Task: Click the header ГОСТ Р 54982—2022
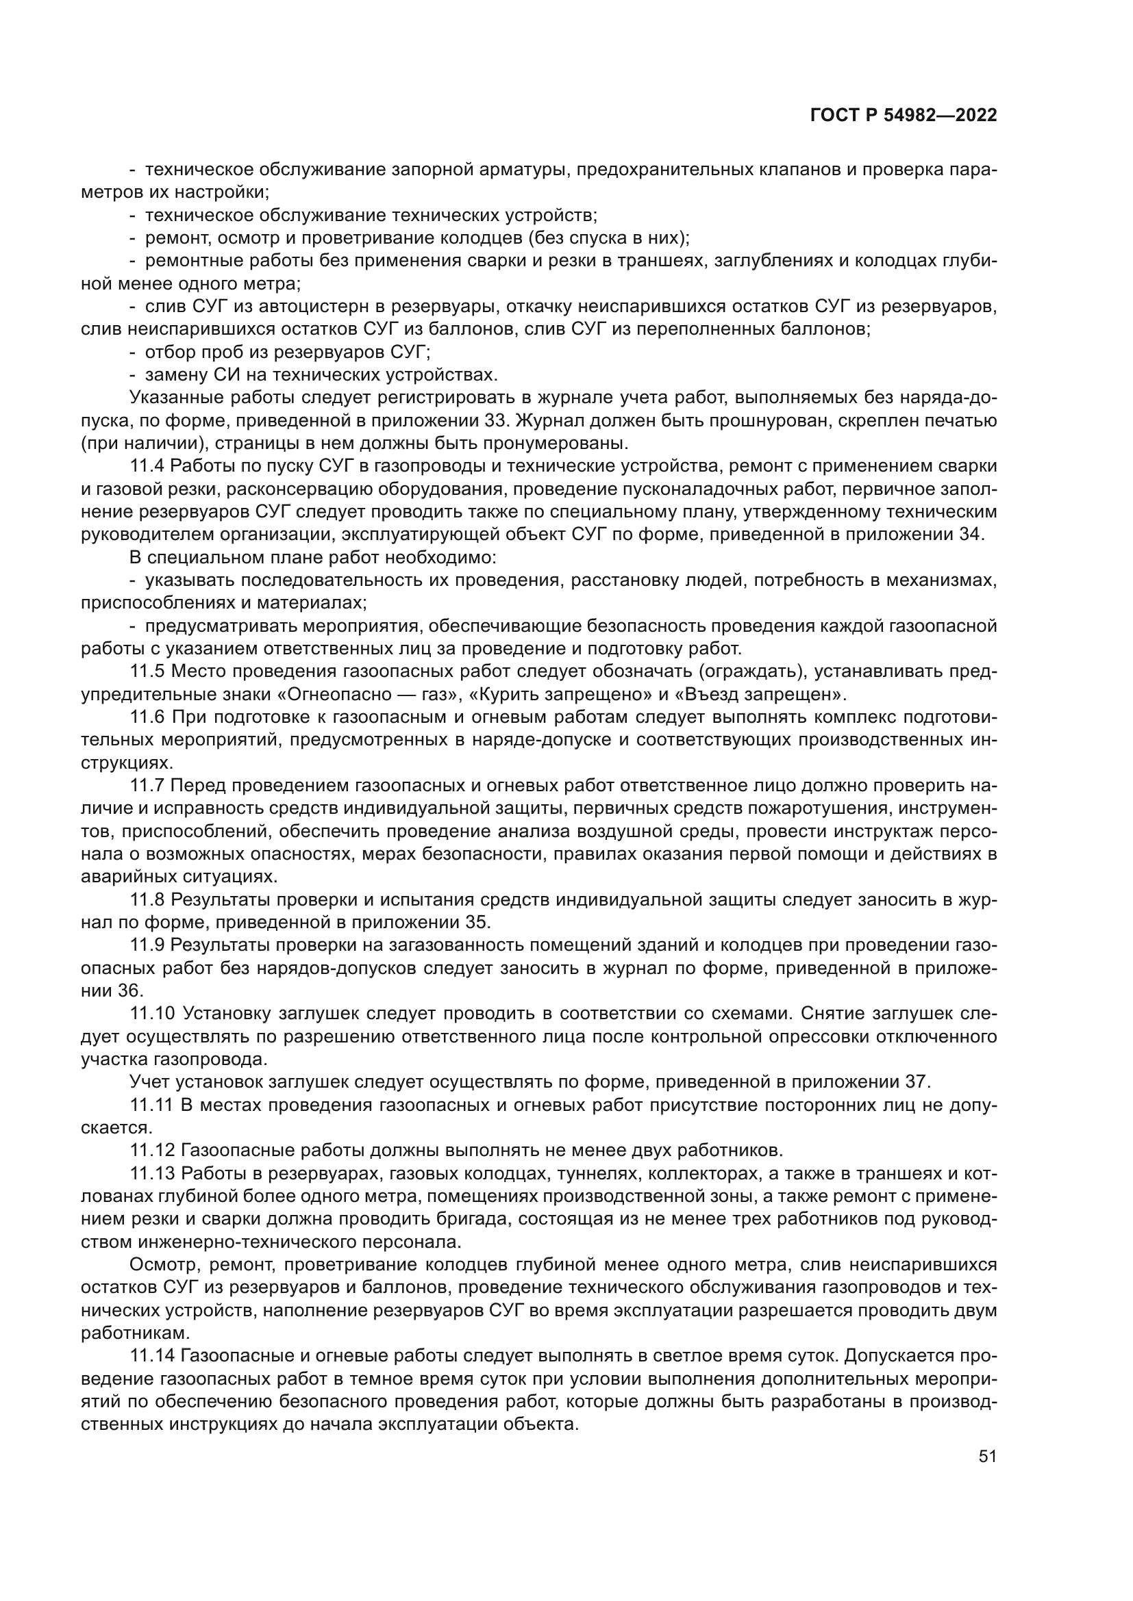(904, 116)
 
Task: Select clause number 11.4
(147, 466)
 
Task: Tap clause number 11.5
(147, 671)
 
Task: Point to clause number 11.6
(147, 717)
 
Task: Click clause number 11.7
(147, 785)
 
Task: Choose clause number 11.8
(147, 899)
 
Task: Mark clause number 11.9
(147, 945)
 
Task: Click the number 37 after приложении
(917, 1081)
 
